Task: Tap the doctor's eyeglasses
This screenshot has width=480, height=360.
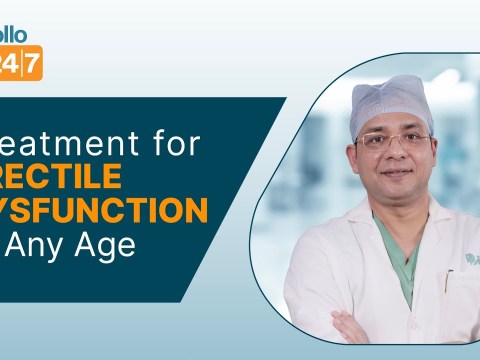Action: click(x=394, y=139)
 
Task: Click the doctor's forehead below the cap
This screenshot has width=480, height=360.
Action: click(x=392, y=122)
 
